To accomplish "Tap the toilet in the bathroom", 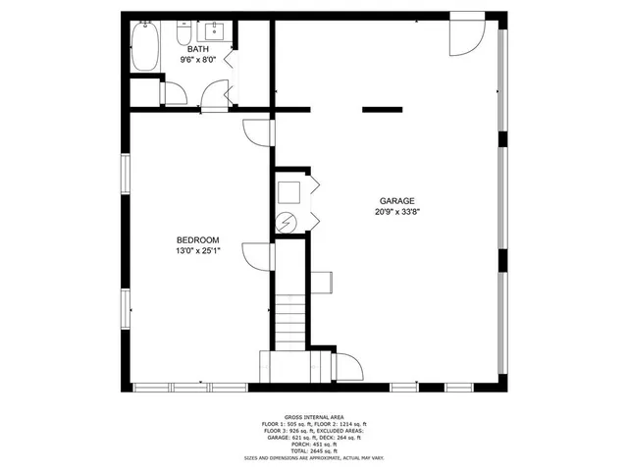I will click(x=183, y=35).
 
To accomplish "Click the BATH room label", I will click(x=198, y=49).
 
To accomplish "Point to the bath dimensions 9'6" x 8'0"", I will click(x=198, y=59).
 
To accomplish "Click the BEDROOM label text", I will click(x=197, y=240).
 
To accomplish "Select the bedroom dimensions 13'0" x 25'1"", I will click(x=197, y=251).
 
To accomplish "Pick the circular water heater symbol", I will click(x=287, y=221).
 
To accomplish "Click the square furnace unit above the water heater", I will click(x=289, y=189).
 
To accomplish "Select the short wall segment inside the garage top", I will click(x=383, y=109).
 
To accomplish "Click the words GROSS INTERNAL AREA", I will click(x=313, y=417).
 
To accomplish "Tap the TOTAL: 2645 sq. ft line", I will click(x=313, y=450).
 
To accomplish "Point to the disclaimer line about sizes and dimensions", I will click(x=313, y=458).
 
